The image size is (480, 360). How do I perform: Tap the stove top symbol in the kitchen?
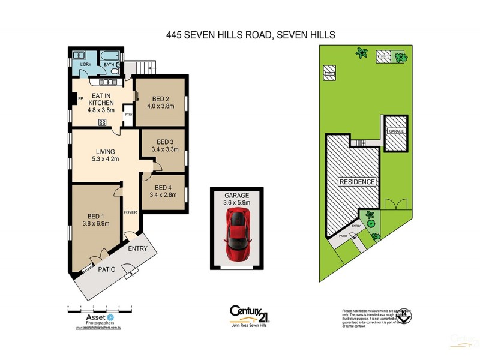pyautogui.click(x=102, y=122)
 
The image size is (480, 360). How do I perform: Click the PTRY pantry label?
pyautogui.click(x=128, y=114)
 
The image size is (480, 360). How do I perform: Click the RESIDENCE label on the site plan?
pyautogui.click(x=357, y=182)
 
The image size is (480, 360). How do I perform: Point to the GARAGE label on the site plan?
pyautogui.click(x=397, y=131)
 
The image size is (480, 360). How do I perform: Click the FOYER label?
pyautogui.click(x=130, y=212)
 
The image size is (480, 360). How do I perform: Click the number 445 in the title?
pyautogui.click(x=176, y=35)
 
